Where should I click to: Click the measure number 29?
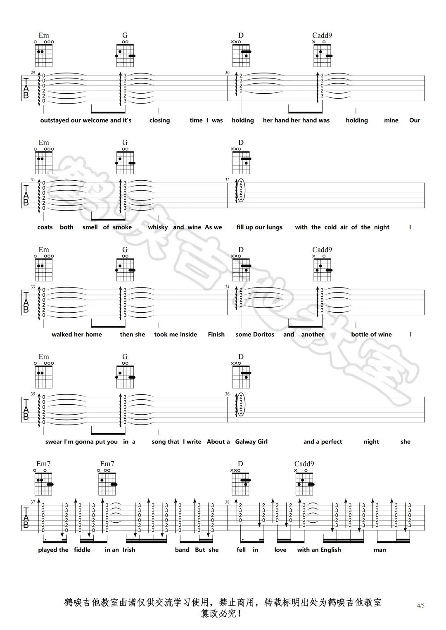pos(33,73)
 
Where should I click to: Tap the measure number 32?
pos(227,180)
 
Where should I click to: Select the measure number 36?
pos(227,394)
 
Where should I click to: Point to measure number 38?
pos(227,502)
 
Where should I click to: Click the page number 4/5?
pos(420,606)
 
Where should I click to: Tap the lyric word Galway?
pos(243,442)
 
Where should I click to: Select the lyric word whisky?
pos(158,227)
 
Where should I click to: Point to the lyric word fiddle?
pos(82,550)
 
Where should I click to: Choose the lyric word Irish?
pos(129,550)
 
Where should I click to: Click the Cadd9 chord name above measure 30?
pos(322,35)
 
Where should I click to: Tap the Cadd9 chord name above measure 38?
pos(304,464)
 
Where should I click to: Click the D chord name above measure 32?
pos(241,143)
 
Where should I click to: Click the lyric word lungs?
pos(275,227)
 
